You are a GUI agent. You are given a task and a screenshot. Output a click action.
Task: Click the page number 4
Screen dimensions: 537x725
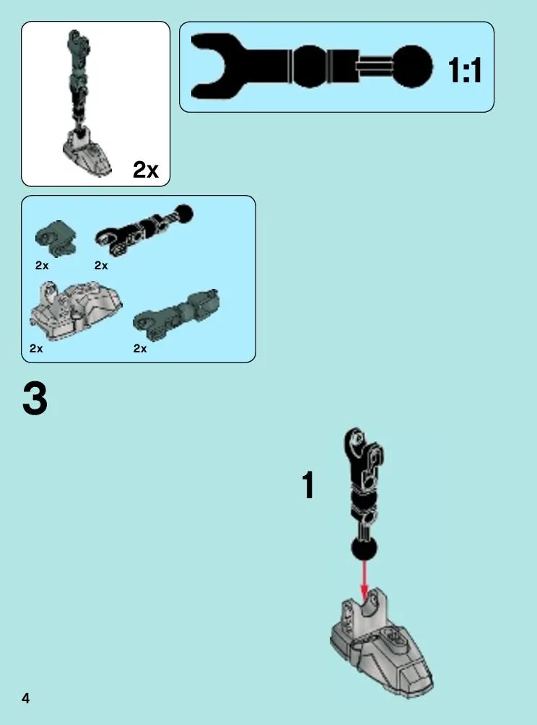[x=25, y=698]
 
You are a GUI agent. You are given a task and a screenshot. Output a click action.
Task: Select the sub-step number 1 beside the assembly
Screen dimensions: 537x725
[x=308, y=485]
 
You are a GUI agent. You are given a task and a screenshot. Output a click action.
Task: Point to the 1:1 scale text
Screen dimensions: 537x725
[x=464, y=70]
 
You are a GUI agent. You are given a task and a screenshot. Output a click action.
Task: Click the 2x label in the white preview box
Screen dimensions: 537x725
[x=145, y=170]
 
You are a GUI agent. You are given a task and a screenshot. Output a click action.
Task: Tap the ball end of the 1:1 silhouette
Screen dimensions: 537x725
[x=412, y=66]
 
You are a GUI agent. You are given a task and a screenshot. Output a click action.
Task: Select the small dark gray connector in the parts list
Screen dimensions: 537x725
[x=56, y=238]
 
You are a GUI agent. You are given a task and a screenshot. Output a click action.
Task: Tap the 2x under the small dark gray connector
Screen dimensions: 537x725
[x=42, y=266]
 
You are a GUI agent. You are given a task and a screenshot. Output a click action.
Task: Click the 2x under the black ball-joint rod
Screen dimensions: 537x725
[x=101, y=266]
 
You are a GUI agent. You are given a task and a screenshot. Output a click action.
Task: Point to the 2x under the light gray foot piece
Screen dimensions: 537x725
[x=36, y=348]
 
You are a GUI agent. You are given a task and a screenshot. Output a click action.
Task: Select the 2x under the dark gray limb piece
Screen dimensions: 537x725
[x=140, y=348]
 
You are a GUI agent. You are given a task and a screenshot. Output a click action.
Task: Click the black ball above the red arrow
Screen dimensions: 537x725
[x=364, y=548]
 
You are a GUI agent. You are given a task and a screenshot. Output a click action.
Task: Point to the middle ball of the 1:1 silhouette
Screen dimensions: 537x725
[x=309, y=66]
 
